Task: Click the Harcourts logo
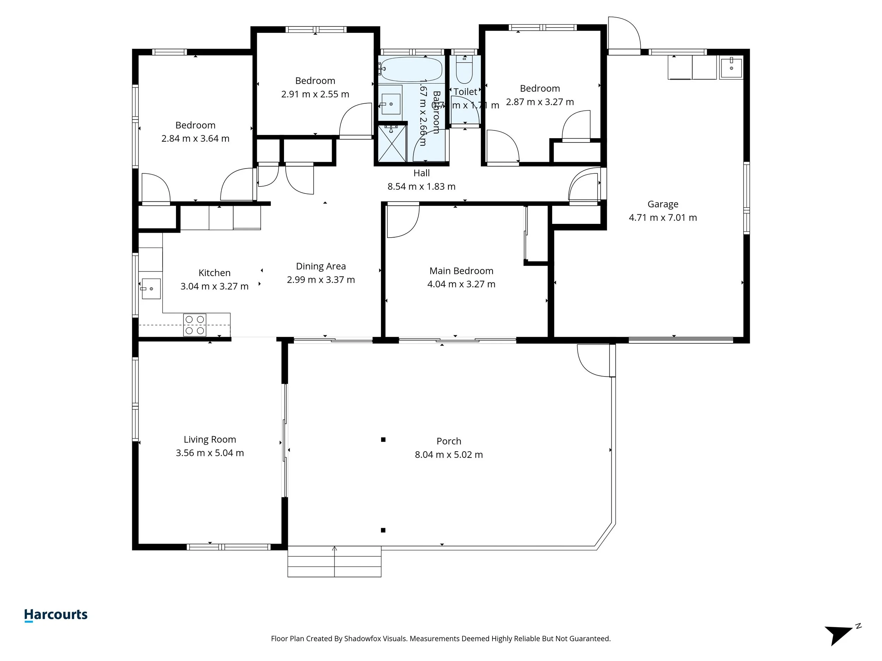tap(56, 615)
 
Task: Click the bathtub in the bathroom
tap(411, 69)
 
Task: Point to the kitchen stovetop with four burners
tap(195, 325)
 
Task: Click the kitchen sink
tap(151, 288)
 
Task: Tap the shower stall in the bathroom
tap(392, 143)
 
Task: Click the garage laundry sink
tap(731, 68)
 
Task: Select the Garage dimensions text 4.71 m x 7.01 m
tap(663, 218)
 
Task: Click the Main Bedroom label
tap(461, 271)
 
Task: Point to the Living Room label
tap(210, 440)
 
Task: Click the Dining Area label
tap(321, 266)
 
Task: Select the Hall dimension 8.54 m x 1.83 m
tap(422, 186)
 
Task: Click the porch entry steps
tap(334, 562)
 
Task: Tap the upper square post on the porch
tap(383, 440)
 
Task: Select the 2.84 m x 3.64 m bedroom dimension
tap(195, 139)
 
